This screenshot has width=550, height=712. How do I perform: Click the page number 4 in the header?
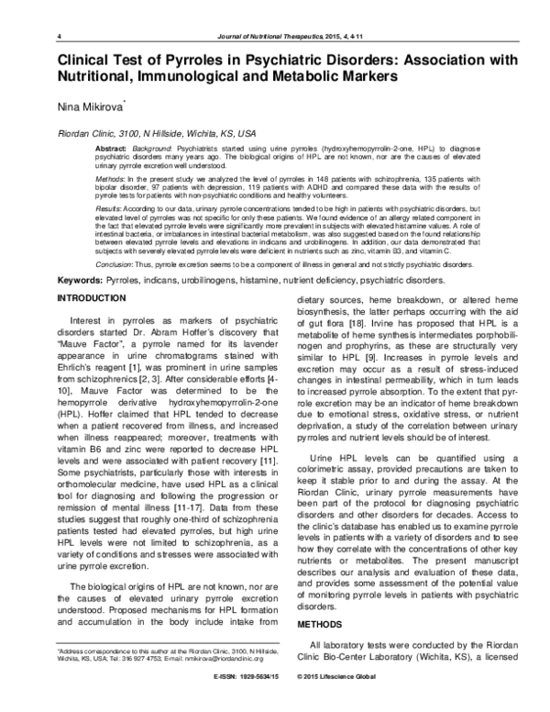59,36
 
